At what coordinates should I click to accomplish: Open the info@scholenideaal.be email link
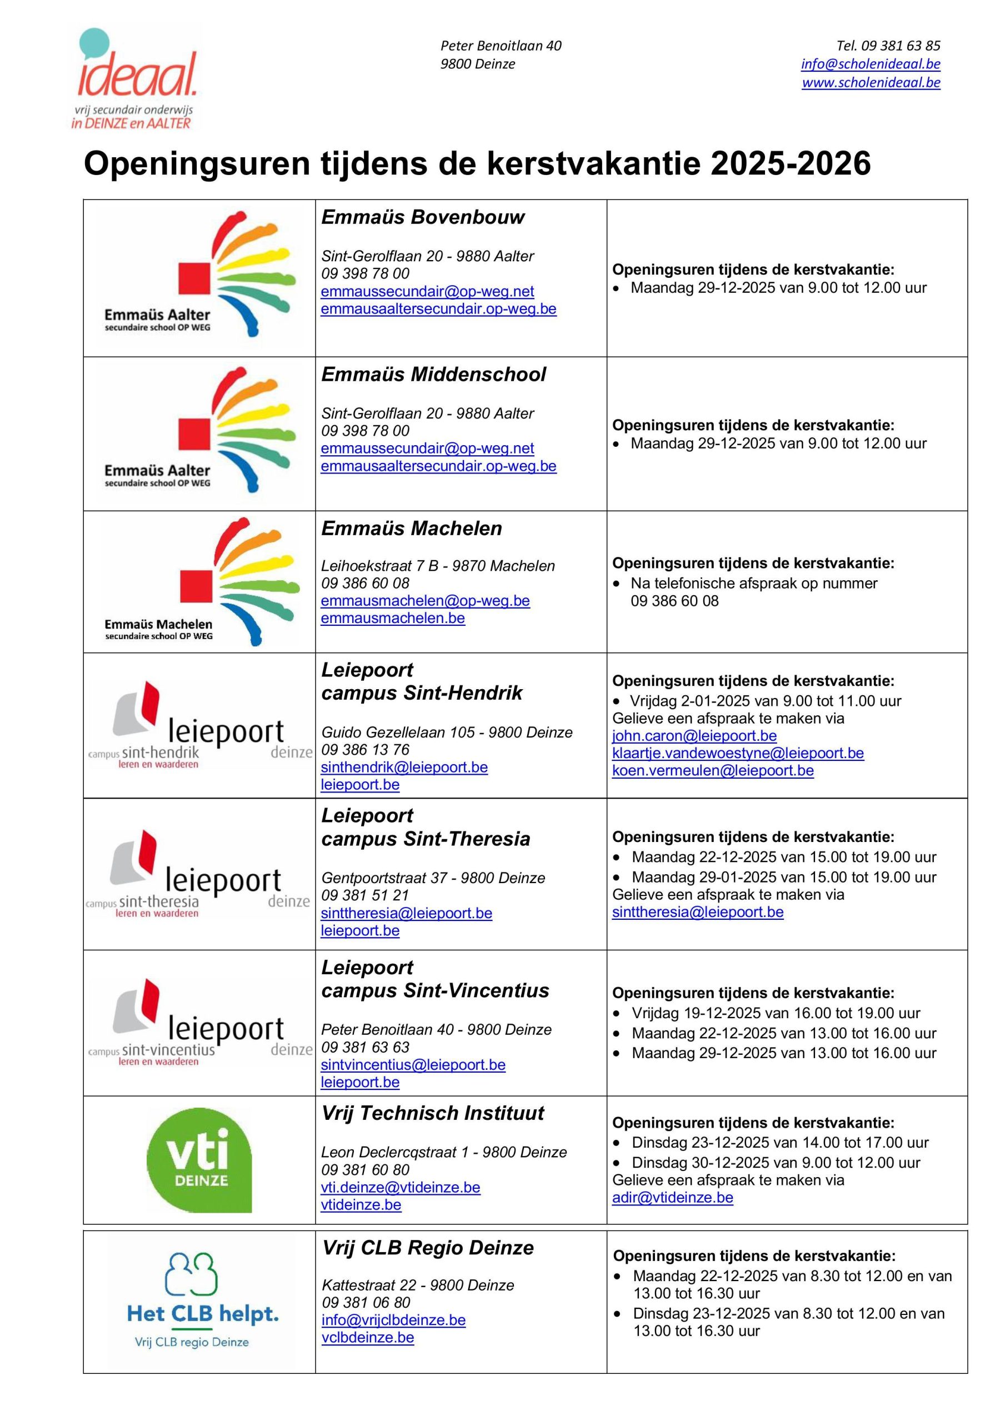point(870,64)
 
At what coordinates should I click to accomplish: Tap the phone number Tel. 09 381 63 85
point(888,46)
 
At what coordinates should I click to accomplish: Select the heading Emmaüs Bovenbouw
point(423,217)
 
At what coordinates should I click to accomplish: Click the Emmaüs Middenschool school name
point(433,375)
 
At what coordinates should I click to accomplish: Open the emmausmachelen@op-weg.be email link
point(425,601)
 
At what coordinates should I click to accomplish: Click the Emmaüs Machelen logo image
point(198,582)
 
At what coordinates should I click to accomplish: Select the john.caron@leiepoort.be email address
point(694,736)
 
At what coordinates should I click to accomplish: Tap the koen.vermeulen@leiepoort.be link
point(712,771)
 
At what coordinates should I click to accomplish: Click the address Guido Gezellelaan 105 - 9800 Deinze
point(447,732)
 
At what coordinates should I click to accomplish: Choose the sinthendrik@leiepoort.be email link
point(404,768)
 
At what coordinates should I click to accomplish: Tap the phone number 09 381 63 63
point(365,1047)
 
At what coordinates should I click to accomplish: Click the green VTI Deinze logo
point(199,1159)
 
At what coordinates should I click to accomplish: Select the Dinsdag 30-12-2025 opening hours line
point(776,1162)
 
